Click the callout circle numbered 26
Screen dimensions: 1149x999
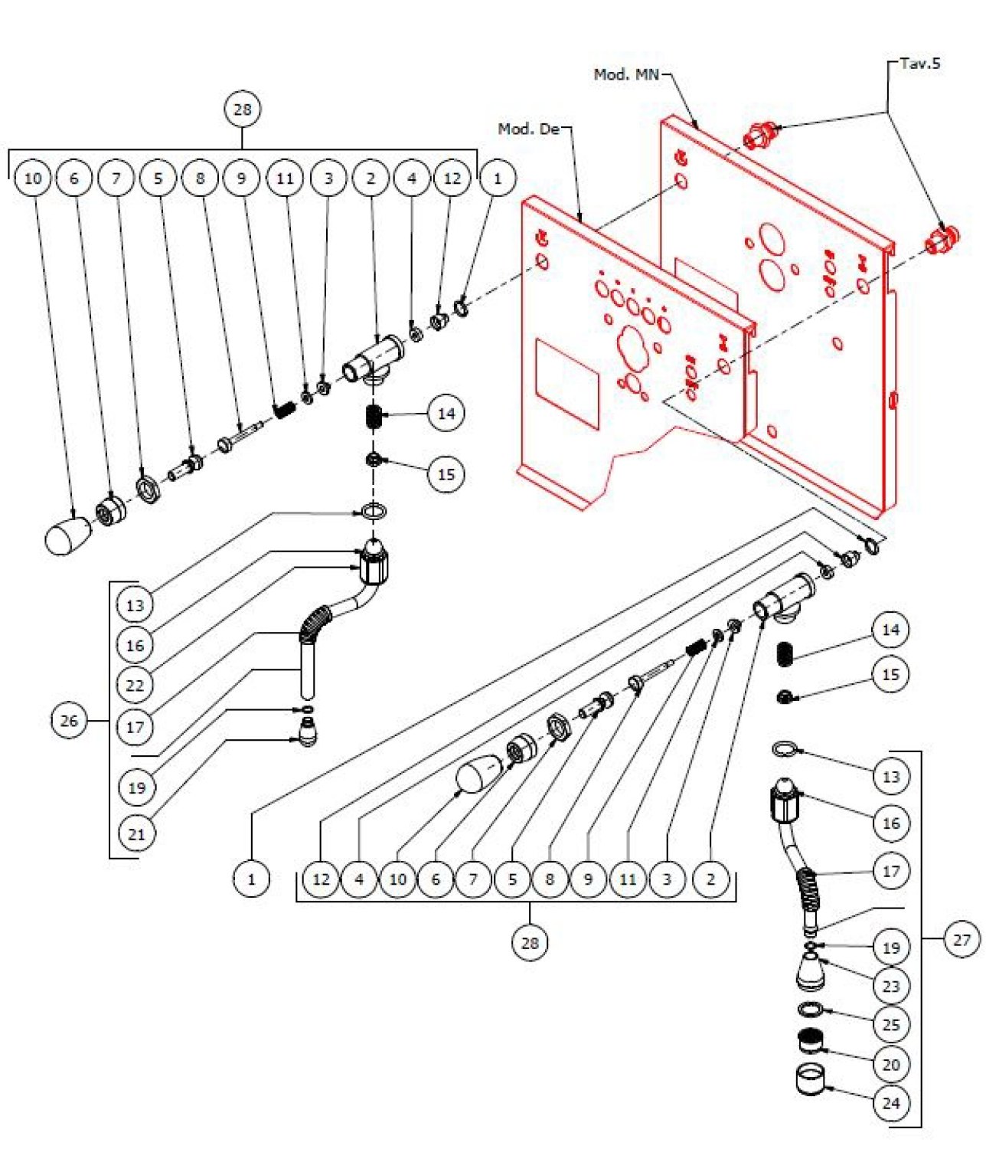[x=69, y=721]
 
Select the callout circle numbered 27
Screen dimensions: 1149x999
[x=961, y=939]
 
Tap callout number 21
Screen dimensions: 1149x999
[x=136, y=833]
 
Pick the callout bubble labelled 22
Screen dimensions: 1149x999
[x=135, y=685]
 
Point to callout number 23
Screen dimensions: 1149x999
[x=891, y=986]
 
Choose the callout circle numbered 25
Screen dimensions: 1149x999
[x=891, y=1025]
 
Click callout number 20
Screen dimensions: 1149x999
[x=891, y=1064]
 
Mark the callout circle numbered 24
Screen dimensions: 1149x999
[x=891, y=1103]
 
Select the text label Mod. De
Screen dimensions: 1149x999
[x=529, y=129]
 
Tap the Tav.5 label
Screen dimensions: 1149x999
[x=919, y=64]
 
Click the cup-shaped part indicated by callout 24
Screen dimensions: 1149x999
[x=813, y=1079]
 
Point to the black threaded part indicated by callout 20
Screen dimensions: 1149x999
[x=811, y=1041]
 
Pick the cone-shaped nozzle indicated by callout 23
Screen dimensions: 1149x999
[x=810, y=971]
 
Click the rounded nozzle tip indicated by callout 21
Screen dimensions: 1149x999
[x=309, y=732]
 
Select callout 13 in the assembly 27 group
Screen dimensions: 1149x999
[x=891, y=777]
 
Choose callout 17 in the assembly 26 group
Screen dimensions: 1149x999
[x=135, y=726]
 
